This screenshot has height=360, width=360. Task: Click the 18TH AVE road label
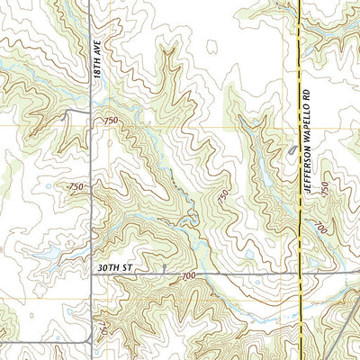(101, 58)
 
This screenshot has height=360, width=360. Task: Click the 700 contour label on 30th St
(188, 274)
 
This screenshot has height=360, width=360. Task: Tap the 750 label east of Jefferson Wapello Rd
(323, 190)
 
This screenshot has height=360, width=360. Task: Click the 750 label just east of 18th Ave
(111, 121)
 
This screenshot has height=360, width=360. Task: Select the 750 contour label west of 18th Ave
(76, 187)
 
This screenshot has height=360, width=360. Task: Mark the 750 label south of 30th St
(102, 315)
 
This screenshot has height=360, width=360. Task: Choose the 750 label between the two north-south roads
(221, 195)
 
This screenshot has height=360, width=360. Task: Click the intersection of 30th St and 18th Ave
(93, 273)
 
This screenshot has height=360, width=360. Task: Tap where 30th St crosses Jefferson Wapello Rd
(299, 273)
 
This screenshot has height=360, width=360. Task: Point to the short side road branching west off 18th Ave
(76, 112)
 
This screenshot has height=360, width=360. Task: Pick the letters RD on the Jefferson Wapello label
(306, 94)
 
